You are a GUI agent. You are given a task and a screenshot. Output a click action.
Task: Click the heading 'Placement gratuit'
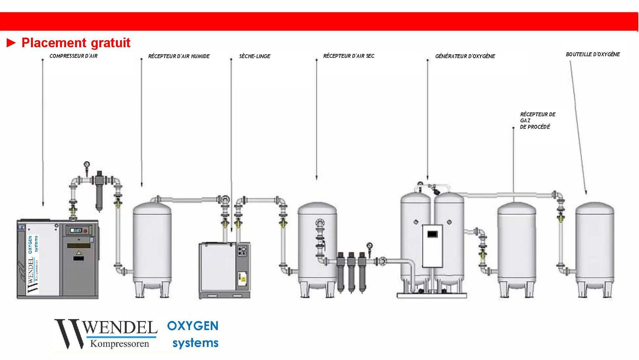76,43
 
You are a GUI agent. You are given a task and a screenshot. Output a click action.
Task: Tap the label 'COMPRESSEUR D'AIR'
74,56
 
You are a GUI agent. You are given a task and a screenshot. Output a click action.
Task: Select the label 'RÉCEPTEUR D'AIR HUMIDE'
179,56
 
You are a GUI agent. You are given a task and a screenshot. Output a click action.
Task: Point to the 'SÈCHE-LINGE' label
255,56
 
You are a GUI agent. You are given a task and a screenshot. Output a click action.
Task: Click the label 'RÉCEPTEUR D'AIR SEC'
348,56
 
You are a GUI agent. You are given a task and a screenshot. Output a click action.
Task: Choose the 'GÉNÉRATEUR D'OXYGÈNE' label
465,56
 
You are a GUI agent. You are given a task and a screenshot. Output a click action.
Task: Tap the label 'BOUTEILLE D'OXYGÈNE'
593,54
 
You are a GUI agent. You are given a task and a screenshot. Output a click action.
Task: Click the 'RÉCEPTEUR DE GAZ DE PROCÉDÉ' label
537,121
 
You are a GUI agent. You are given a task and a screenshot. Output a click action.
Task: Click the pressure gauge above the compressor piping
87,164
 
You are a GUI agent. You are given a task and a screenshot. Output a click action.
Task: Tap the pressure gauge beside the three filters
369,246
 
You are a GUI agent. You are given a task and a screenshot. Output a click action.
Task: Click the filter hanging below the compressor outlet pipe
99,191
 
